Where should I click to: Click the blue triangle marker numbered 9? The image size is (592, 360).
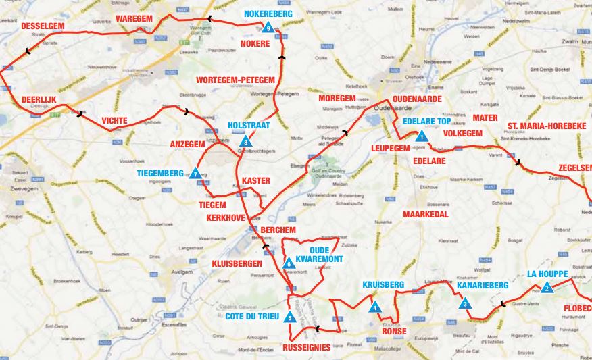pos(268,28)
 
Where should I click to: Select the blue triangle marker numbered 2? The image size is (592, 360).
pos(547,288)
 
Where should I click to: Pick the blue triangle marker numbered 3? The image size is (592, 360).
pos(466,304)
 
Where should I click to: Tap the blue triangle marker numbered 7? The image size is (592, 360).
pos(195,174)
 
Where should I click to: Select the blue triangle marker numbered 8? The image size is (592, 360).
pos(245,141)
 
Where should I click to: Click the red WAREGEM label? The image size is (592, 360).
pos(134,18)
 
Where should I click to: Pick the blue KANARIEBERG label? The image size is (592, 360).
pos(482,286)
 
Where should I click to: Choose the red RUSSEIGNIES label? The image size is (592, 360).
pos(307,348)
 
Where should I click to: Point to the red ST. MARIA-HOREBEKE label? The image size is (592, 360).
pos(547,126)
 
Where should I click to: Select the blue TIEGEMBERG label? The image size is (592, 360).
pos(159,173)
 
